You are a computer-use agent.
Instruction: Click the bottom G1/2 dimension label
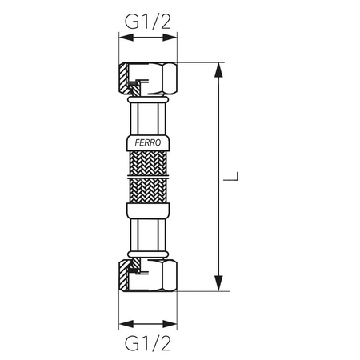pyautogui.click(x=148, y=344)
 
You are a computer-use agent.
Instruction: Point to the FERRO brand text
pyautogui.click(x=148, y=143)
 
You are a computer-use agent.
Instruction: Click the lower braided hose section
pyautogui.click(x=148, y=192)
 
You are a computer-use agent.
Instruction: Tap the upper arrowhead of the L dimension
pyautogui.click(x=218, y=68)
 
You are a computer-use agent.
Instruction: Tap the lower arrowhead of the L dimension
pyautogui.click(x=218, y=286)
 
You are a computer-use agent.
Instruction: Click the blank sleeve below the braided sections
pyautogui.click(x=148, y=211)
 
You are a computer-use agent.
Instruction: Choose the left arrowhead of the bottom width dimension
pyautogui.click(x=122, y=325)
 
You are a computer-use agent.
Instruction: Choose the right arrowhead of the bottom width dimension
pyautogui.click(x=173, y=325)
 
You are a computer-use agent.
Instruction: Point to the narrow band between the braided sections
pyautogui.click(x=148, y=180)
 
